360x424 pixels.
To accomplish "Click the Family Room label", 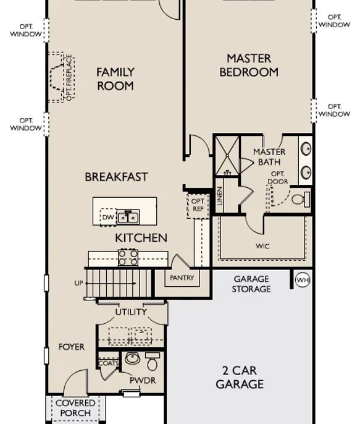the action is [x=115, y=79].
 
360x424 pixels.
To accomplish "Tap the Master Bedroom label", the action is [x=249, y=66].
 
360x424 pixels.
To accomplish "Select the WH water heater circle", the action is [x=303, y=280].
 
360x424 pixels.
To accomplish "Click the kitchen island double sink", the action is [x=128, y=217].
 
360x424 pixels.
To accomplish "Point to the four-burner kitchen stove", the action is [x=128, y=257].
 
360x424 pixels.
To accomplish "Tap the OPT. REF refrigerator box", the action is [x=198, y=205].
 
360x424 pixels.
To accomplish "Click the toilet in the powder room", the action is [x=153, y=362].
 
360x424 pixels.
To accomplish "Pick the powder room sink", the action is [x=132, y=358].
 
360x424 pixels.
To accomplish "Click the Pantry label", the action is [x=182, y=278].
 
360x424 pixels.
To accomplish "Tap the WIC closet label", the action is [x=262, y=247].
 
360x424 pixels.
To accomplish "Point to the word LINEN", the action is [x=220, y=196].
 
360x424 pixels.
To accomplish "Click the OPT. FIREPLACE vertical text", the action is [x=69, y=78].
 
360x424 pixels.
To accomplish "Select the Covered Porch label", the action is [x=75, y=408].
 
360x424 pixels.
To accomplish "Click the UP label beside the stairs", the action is [x=78, y=283].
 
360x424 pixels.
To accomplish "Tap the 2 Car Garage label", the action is [x=240, y=378].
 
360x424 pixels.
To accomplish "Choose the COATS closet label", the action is [x=109, y=363].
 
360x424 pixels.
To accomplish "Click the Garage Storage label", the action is [x=251, y=284].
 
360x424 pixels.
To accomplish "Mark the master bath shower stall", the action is [x=227, y=156].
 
